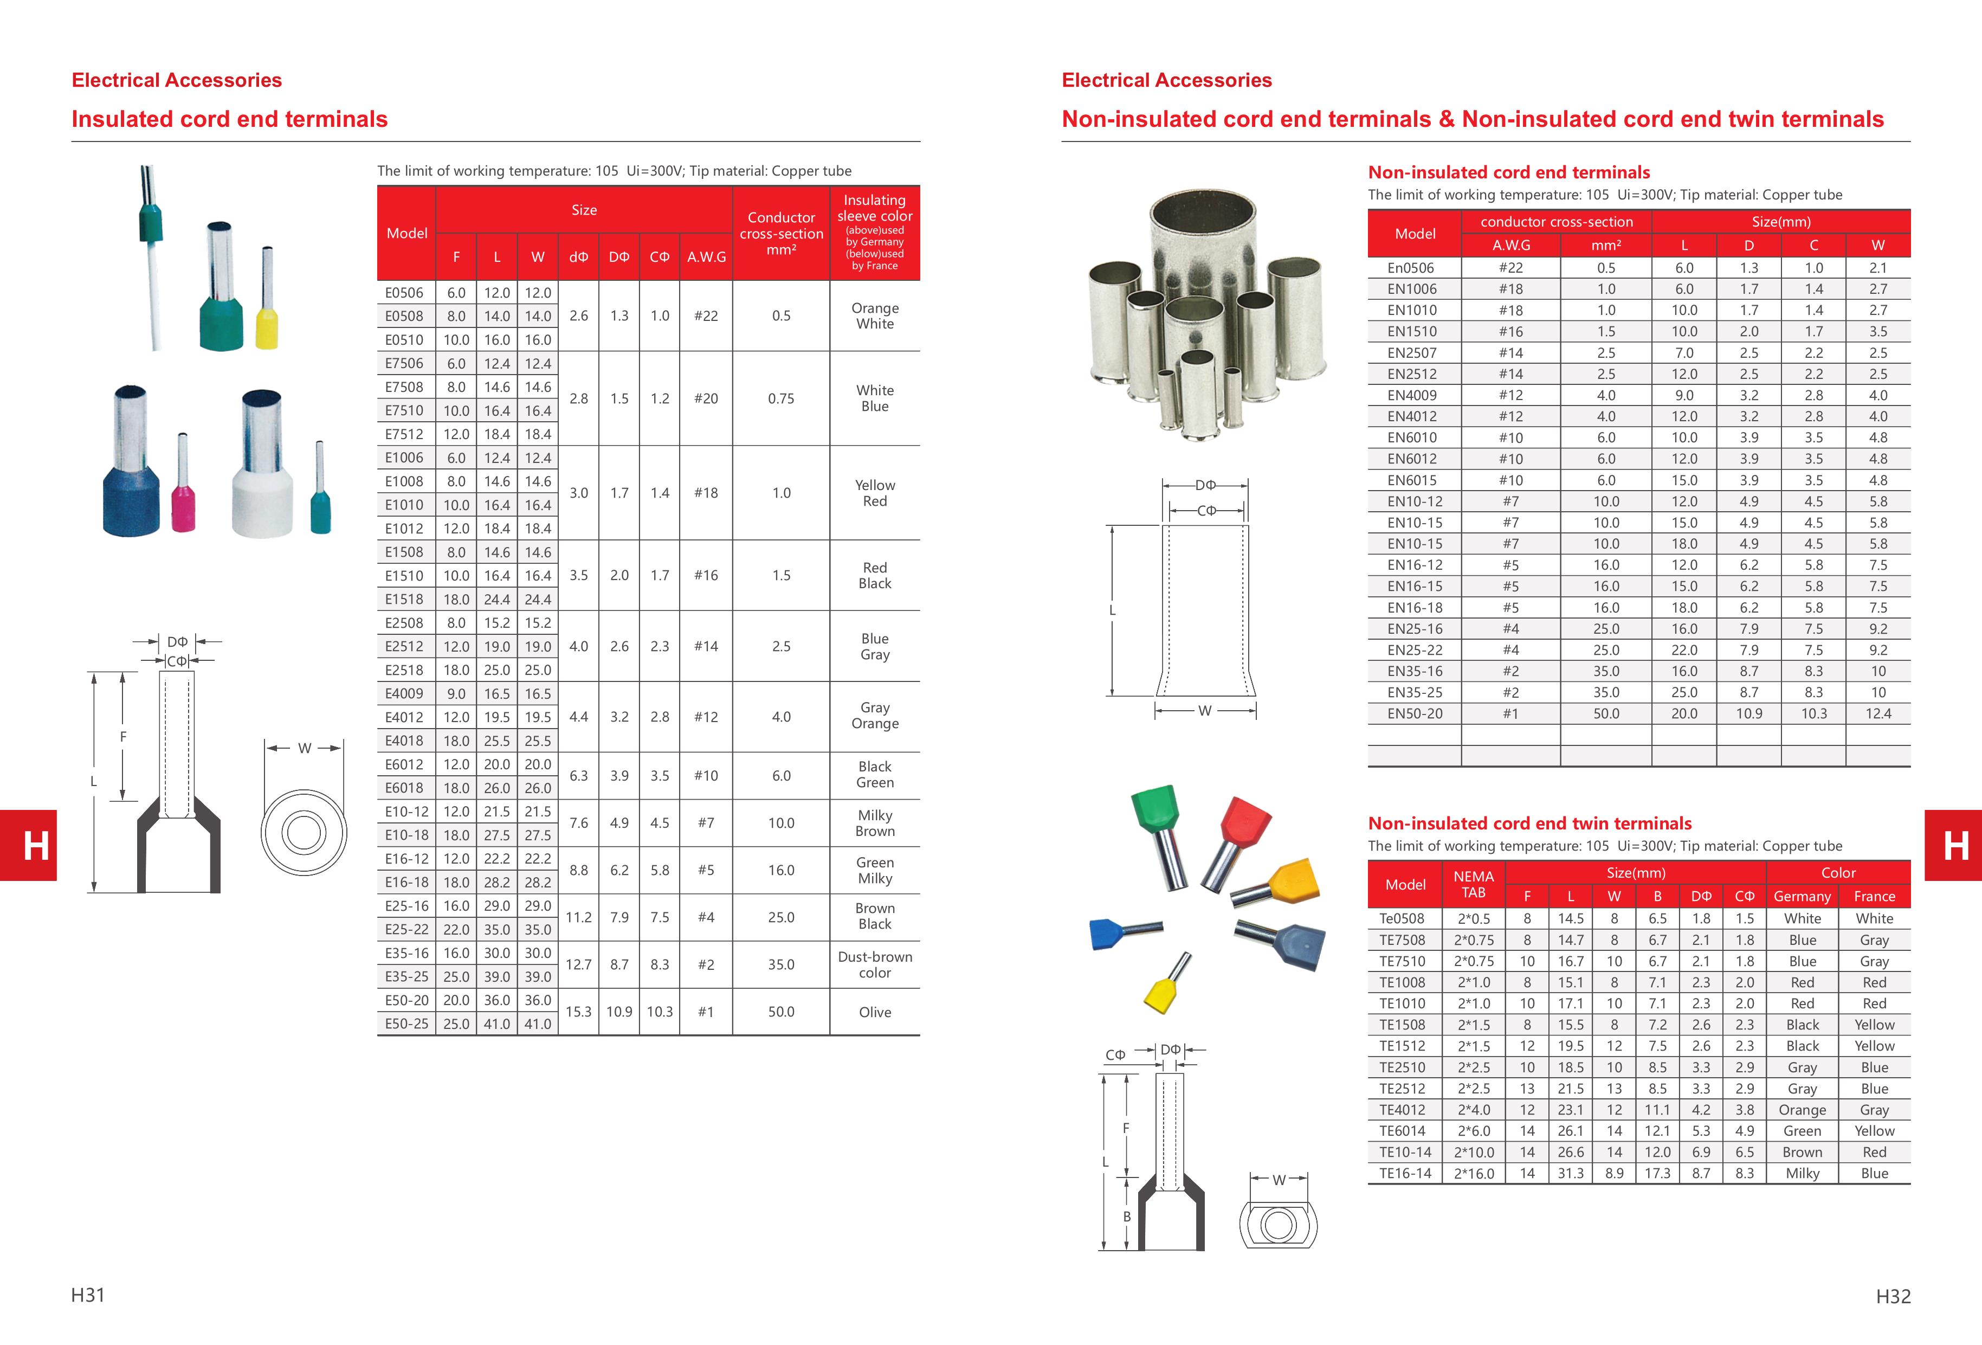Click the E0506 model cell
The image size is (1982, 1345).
(404, 293)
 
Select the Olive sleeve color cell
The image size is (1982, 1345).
(874, 1012)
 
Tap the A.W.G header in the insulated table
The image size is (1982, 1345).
(706, 257)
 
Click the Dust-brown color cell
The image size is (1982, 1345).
(874, 964)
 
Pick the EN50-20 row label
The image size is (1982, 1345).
(1415, 714)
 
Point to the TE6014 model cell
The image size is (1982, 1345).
(1402, 1131)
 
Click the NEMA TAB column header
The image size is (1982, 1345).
(1473, 884)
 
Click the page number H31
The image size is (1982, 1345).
(88, 1295)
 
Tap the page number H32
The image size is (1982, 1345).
(1893, 1296)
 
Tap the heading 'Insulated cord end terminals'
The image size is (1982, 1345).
(229, 119)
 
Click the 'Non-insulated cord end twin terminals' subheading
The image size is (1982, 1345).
(1529, 823)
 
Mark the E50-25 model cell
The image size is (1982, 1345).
(406, 1024)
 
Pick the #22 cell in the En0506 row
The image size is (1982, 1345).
(1510, 268)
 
